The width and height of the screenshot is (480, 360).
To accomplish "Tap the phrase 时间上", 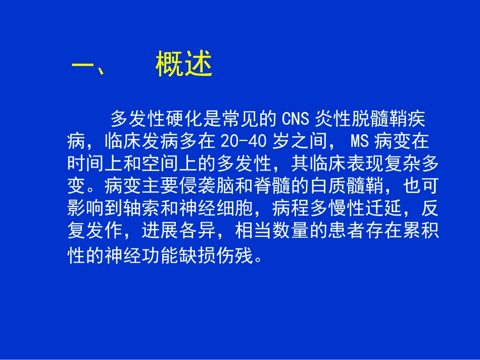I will click(94, 164).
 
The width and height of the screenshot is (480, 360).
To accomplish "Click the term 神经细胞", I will click(222, 208).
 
